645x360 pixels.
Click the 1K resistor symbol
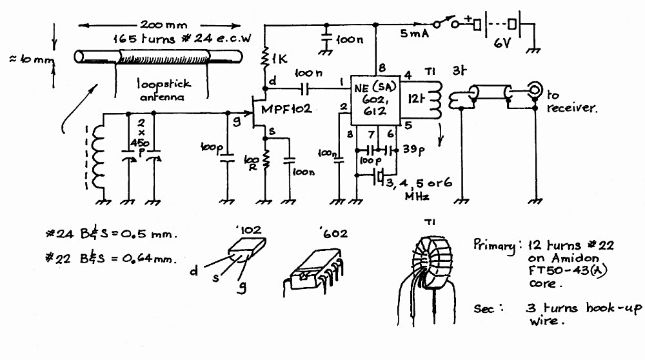(265, 57)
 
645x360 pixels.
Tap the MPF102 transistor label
(286, 110)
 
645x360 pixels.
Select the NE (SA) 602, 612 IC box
(375, 101)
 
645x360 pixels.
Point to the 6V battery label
(502, 43)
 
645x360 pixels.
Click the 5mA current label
(414, 34)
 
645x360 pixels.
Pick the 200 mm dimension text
(163, 25)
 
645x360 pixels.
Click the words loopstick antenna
(163, 90)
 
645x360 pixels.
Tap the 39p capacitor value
(413, 149)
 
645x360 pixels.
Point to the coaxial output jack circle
(535, 89)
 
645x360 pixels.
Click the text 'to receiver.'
(571, 102)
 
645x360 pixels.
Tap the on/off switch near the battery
(446, 23)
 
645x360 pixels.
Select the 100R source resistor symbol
(265, 159)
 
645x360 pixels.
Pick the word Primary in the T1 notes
(494, 246)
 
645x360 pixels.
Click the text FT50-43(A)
(567, 271)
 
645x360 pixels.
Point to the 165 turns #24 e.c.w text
(182, 39)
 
